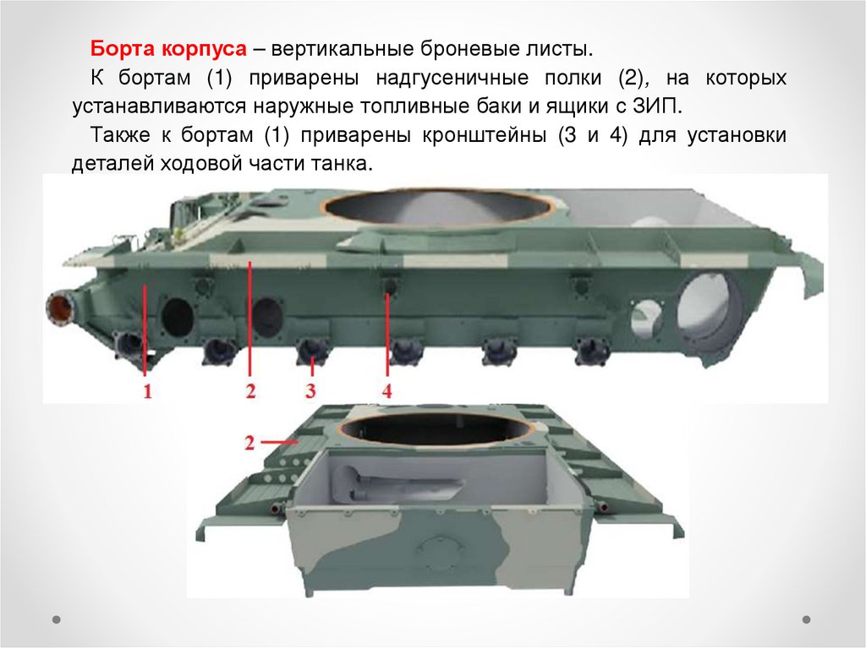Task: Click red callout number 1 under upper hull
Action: [x=147, y=391]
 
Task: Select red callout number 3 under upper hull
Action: [x=310, y=391]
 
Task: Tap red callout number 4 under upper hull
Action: [x=387, y=391]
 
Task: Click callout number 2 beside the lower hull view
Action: [x=249, y=443]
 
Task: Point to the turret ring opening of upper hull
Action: [x=437, y=208]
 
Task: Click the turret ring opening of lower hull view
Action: [x=437, y=429]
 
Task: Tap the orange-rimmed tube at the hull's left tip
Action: [x=60, y=308]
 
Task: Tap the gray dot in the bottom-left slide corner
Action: [x=57, y=619]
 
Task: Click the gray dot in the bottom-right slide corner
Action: [x=806, y=619]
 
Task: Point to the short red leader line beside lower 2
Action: [x=276, y=442]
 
